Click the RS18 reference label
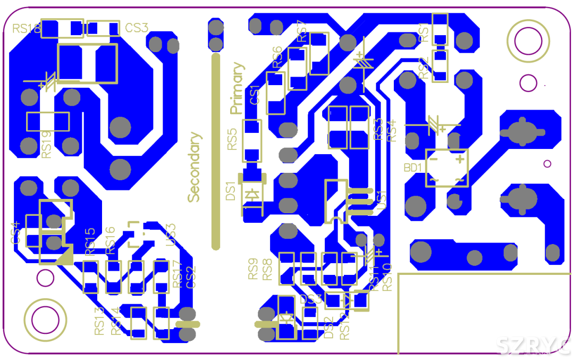27,28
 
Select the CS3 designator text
137,28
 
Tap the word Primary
238,88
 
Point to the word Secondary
195,167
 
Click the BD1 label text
413,168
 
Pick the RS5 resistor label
232,139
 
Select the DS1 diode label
231,191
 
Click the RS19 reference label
47,145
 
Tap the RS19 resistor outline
48,122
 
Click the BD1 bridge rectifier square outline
447,169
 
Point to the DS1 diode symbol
252,195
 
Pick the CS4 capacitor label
16,233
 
